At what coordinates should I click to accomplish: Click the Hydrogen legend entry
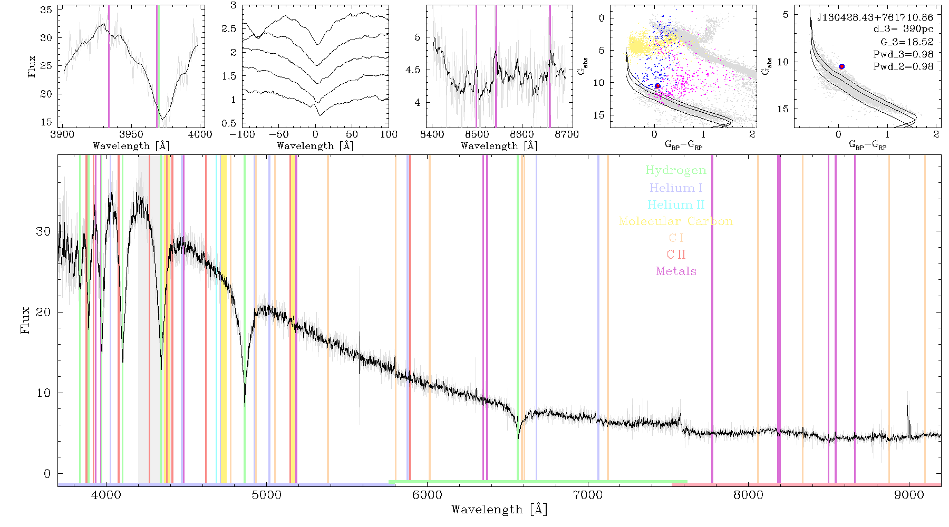click(x=675, y=170)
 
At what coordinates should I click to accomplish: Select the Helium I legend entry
click(x=676, y=188)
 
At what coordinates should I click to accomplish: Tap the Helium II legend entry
click(x=676, y=204)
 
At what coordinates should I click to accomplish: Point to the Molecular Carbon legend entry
click(x=676, y=221)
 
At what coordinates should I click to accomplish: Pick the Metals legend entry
click(x=676, y=271)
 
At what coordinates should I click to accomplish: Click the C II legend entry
click(x=676, y=255)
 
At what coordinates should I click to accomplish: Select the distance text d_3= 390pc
click(x=903, y=30)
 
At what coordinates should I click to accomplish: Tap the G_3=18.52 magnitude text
click(x=907, y=42)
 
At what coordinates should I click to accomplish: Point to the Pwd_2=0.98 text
click(x=903, y=67)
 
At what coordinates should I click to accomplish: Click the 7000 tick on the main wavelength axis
click(x=588, y=495)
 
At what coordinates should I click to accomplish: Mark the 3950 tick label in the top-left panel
click(x=131, y=134)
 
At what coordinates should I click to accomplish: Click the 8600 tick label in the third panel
click(x=522, y=134)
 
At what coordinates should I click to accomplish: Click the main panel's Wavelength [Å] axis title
click(x=499, y=510)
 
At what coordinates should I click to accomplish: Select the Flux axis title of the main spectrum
click(x=25, y=320)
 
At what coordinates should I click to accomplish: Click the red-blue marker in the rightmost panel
click(x=842, y=66)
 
